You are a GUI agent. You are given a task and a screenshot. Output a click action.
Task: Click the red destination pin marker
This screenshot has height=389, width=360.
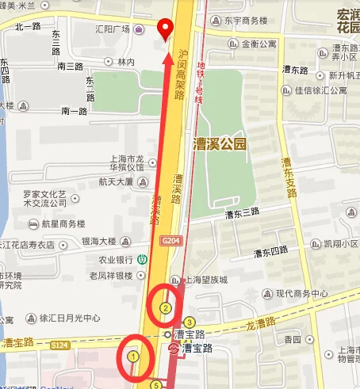[166, 29]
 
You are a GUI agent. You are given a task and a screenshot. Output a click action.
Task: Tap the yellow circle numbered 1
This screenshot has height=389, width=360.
[134, 357]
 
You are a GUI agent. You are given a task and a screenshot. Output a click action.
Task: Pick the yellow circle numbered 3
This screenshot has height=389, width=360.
[189, 321]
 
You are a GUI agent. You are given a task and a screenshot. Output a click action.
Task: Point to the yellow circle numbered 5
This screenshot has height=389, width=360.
[157, 385]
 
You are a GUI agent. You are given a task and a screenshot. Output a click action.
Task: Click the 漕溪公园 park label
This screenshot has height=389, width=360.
[220, 143]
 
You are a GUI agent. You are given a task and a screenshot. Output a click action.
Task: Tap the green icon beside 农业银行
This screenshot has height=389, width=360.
[142, 257]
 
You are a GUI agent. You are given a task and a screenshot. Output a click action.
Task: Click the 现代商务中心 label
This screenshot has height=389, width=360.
[301, 293]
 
